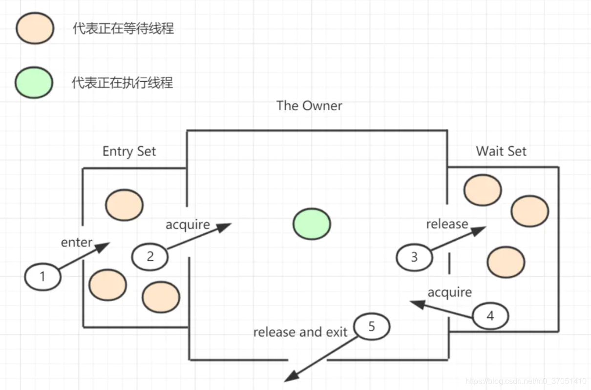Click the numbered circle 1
pos(42,277)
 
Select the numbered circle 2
pos(150,256)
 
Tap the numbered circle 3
pos(414,257)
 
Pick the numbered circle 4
pos(490,316)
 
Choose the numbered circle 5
pos(372,327)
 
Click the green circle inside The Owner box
pos(312,224)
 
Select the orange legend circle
pos(34,28)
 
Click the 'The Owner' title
pos(309,106)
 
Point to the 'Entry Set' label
pos(129,151)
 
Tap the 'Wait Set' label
pos(501,151)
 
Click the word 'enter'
pos(77,242)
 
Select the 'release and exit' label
pos(300,332)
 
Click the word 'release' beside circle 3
pos(447,224)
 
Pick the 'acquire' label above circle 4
pos(449,292)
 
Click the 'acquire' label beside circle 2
pos(188,225)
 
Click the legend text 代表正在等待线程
pos(123,28)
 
